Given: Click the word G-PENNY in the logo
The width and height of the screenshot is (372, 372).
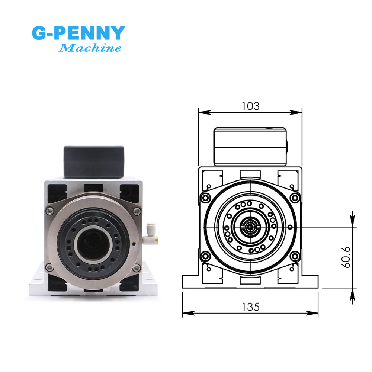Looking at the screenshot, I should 78,33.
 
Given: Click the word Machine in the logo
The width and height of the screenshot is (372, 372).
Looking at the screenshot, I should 90,48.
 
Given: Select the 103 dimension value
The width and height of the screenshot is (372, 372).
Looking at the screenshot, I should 250,106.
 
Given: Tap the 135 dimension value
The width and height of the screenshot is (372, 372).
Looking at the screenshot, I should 250,307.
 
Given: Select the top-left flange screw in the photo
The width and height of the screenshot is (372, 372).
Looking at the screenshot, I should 49,211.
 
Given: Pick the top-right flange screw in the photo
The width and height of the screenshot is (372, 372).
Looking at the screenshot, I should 138,211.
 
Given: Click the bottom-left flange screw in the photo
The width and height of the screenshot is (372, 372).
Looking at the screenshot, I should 49,266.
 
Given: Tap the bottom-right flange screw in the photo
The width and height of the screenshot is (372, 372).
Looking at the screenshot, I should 138,266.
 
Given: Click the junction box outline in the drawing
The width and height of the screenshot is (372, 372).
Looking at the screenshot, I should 250,146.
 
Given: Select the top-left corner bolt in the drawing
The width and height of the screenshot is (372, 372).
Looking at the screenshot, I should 205,197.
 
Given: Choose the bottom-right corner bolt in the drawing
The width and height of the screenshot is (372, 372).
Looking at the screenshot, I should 295,256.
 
